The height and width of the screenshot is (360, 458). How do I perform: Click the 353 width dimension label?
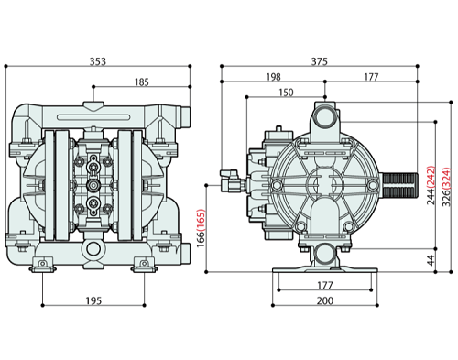98,61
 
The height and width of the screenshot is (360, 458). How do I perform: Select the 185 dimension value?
142,82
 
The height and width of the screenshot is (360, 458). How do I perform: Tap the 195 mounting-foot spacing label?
93,300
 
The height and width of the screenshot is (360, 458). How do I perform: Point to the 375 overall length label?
320,61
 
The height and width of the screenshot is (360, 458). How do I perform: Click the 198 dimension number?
273,77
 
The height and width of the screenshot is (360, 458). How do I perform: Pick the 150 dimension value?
286,93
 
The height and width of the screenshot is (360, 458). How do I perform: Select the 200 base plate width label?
325,300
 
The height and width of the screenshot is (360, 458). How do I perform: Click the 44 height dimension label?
431,260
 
